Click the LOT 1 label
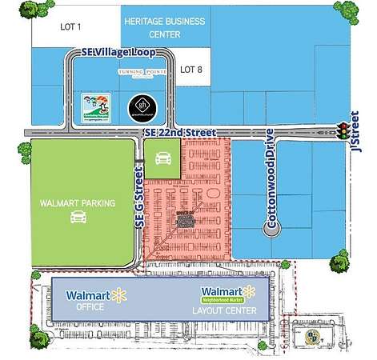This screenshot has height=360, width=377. click(71, 26)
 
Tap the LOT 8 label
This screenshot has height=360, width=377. click(192, 70)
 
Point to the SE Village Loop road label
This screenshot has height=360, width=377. click(118, 51)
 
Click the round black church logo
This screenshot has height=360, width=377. click(140, 106)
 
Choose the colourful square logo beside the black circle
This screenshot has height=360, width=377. click(94, 107)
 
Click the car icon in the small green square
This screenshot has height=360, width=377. click(162, 158)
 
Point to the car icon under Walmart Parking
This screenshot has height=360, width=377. click(78, 218)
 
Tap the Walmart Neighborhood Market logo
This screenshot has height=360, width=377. click(231, 294)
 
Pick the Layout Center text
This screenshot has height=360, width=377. click(230, 310)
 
